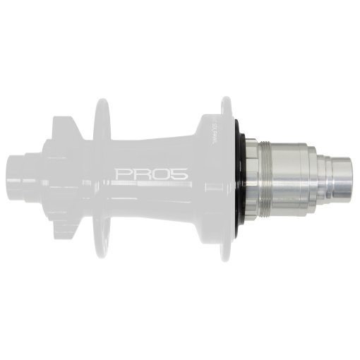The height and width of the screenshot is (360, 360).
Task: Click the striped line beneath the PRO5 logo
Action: coord(151,185)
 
